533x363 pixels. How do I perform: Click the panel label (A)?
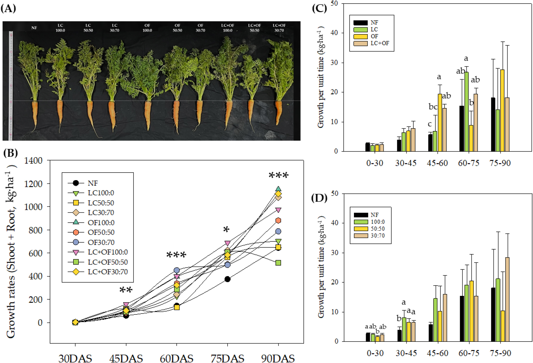(8, 9)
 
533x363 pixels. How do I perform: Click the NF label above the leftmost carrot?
(34, 28)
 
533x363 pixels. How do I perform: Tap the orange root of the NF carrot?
(35, 113)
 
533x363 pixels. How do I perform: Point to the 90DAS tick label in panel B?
(278, 358)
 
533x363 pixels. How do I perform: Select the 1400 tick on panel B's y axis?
(33, 161)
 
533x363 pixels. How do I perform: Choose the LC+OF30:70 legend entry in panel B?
(108, 272)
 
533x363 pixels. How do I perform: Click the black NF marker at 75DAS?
(227, 279)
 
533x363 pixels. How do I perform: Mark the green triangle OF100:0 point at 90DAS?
(278, 189)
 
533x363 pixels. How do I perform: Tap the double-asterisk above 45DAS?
(126, 290)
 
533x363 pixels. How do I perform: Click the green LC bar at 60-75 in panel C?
(467, 112)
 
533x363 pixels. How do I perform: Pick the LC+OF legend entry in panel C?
(380, 43)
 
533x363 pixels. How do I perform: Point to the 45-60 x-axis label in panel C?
(437, 163)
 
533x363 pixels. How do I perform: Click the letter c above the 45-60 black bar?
(430, 124)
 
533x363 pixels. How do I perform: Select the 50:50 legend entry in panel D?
(377, 229)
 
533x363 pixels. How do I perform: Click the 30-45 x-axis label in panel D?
(406, 353)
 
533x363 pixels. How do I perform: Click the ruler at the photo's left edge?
(11, 85)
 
